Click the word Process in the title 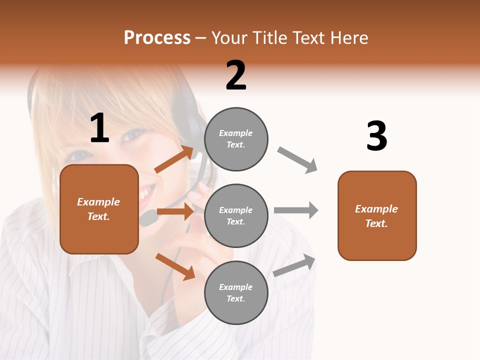[x=157, y=38]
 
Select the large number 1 [x=99, y=128]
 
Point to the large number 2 [x=236, y=75]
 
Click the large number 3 [x=376, y=136]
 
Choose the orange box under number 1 [x=99, y=209]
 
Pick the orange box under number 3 [x=377, y=216]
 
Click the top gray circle [x=236, y=139]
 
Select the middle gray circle [x=236, y=216]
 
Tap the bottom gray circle [x=236, y=293]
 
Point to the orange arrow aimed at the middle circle [x=175, y=211]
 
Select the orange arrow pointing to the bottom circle [x=175, y=266]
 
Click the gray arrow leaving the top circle [x=297, y=159]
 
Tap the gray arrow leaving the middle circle [x=296, y=210]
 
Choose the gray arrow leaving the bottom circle [x=294, y=265]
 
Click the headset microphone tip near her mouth [x=148, y=218]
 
